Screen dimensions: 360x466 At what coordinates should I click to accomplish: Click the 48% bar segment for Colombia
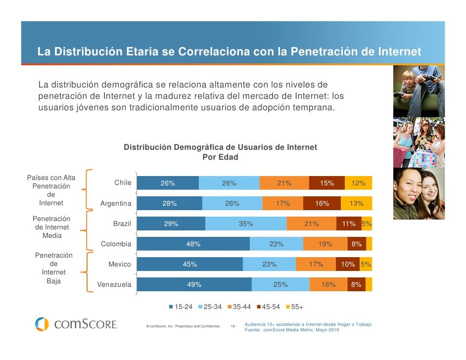click(x=193, y=244)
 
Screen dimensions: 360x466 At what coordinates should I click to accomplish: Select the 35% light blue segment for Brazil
click(x=246, y=224)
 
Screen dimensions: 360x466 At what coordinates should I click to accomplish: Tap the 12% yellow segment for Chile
click(x=358, y=183)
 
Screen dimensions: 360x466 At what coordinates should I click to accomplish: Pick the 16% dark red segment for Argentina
click(x=322, y=203)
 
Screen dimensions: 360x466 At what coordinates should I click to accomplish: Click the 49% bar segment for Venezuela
click(x=194, y=284)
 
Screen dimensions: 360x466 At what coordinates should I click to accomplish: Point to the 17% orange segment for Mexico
click(x=316, y=264)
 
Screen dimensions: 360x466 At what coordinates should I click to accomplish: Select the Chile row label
click(x=123, y=183)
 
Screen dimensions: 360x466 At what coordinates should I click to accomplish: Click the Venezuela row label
click(x=114, y=284)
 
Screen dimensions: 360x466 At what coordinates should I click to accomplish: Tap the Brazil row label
click(x=122, y=224)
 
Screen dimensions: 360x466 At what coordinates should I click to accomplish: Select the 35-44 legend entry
click(x=239, y=307)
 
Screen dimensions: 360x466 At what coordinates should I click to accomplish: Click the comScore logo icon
click(x=42, y=324)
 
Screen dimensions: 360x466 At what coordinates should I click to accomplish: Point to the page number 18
click(x=233, y=326)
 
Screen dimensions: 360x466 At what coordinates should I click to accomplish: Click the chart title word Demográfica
click(x=197, y=147)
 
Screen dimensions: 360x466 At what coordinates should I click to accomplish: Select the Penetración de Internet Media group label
click(x=51, y=227)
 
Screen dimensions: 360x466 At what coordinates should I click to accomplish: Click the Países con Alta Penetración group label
click(x=51, y=190)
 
